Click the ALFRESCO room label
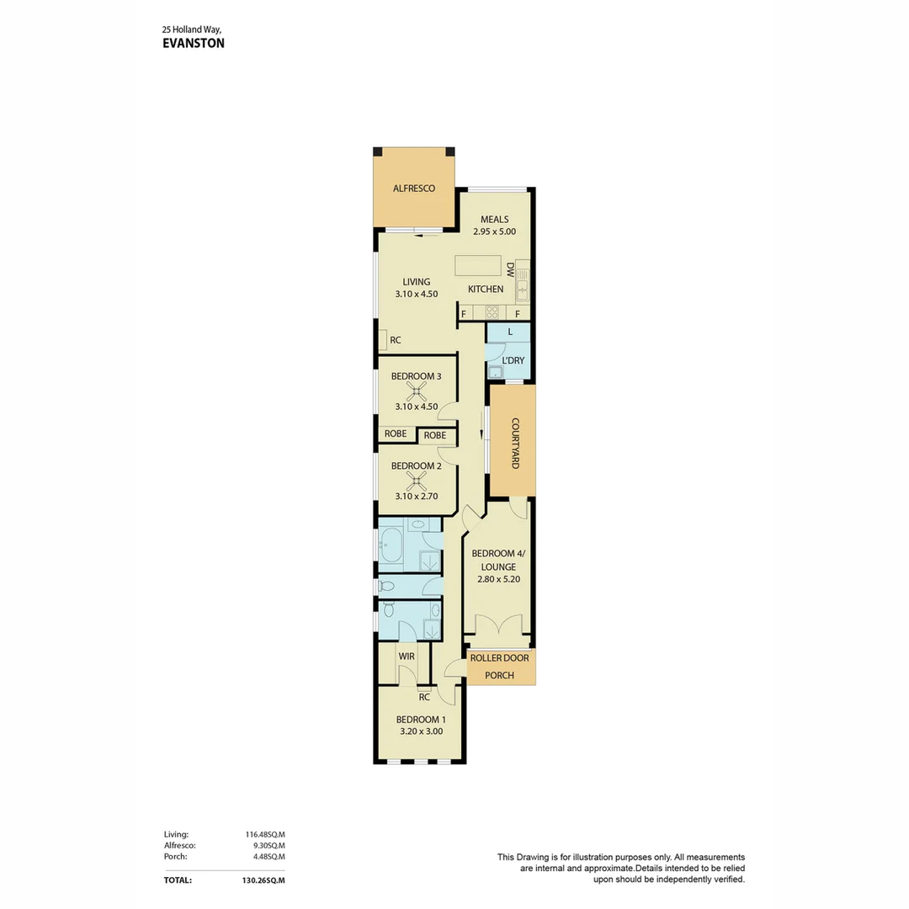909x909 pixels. pyautogui.click(x=414, y=189)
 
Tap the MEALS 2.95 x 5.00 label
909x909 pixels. pyautogui.click(x=495, y=231)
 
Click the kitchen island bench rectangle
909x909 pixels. pyautogui.click(x=478, y=265)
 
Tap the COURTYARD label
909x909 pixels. pyautogui.click(x=514, y=444)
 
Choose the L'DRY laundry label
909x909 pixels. pyautogui.click(x=513, y=360)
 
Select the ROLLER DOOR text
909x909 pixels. pyautogui.click(x=500, y=657)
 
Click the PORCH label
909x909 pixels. pyautogui.click(x=500, y=675)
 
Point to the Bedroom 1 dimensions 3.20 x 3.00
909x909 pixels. pyautogui.click(x=421, y=731)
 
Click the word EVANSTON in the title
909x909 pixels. pyautogui.click(x=193, y=43)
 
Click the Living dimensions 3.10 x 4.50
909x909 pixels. pyautogui.click(x=416, y=294)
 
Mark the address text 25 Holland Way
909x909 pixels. pyautogui.click(x=191, y=29)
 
